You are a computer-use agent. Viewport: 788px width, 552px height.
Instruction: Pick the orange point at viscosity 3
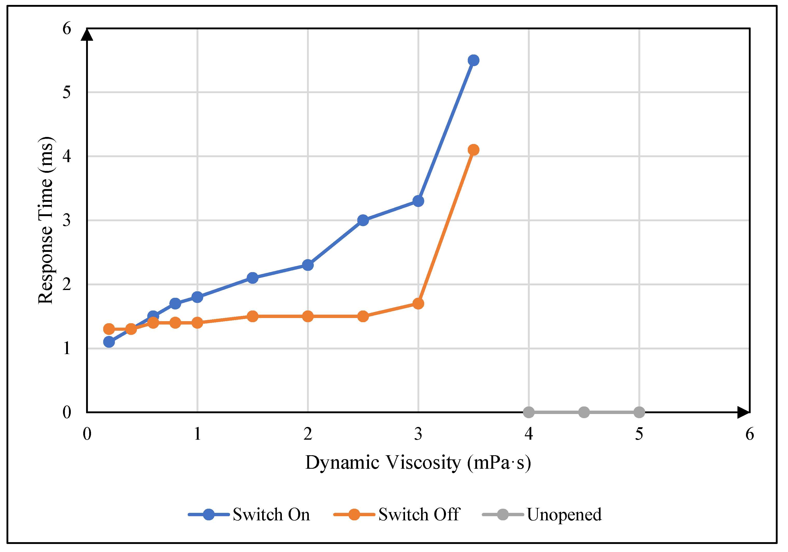(418, 304)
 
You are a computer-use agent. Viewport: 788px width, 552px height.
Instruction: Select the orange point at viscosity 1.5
(253, 316)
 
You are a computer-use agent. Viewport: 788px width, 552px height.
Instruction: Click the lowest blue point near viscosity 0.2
(109, 342)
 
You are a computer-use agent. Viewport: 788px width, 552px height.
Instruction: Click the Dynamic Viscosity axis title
(418, 463)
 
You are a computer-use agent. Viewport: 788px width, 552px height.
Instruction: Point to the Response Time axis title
(46, 220)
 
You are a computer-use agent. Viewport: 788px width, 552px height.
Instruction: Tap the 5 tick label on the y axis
(67, 92)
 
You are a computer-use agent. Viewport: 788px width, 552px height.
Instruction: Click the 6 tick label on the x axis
(750, 434)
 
